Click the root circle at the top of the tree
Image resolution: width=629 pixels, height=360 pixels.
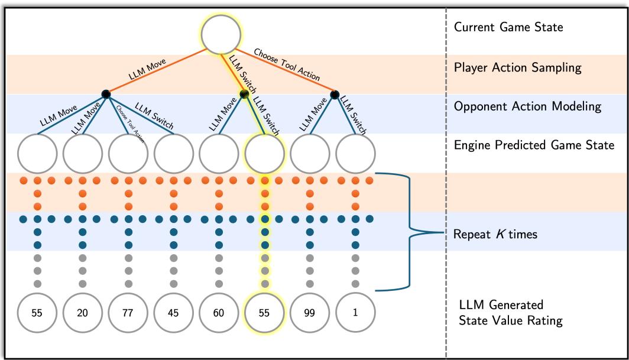pyautogui.click(x=222, y=34)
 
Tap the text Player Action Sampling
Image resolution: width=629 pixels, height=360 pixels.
pyautogui.click(x=517, y=67)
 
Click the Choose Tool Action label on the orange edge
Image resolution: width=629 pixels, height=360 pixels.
pyautogui.click(x=287, y=64)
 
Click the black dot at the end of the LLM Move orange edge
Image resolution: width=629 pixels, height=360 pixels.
pyautogui.click(x=106, y=93)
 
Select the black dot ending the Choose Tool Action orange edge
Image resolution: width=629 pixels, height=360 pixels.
pyautogui.click(x=334, y=93)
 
